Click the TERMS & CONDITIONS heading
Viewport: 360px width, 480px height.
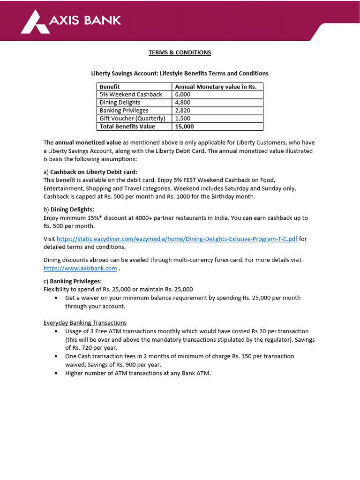(x=180, y=52)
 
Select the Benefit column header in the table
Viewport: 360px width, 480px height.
(x=110, y=87)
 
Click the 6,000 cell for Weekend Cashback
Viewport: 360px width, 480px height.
(x=184, y=94)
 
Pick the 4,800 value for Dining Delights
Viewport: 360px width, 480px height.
(x=184, y=102)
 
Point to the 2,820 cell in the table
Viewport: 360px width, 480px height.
(x=184, y=111)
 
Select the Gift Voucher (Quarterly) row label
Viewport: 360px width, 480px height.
(x=132, y=119)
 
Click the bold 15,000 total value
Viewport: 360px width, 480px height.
(x=184, y=127)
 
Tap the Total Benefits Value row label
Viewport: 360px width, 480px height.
(x=127, y=127)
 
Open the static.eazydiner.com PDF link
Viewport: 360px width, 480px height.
(x=177, y=239)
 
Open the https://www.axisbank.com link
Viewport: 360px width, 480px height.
(x=80, y=269)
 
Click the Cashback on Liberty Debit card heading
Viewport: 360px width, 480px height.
(x=94, y=172)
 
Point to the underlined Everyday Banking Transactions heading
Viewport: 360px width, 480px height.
(x=85, y=322)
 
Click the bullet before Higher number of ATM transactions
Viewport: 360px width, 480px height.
(x=57, y=373)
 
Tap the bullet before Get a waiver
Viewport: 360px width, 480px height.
(x=57, y=298)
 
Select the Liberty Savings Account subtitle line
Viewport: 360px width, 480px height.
(x=180, y=74)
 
